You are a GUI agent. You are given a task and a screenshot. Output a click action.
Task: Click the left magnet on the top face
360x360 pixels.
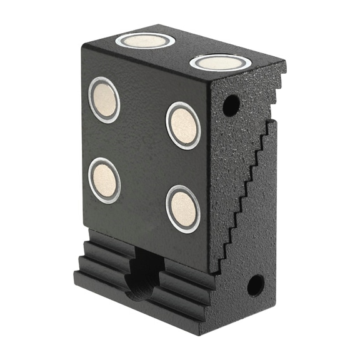145,41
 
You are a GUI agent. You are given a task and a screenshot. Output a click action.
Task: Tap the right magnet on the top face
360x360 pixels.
220,62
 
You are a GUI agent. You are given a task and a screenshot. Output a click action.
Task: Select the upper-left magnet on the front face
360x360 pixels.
104,99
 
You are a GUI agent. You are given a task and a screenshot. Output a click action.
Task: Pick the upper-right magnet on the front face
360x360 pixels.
182,125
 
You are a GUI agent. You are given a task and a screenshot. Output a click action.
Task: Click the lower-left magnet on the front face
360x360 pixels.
104,180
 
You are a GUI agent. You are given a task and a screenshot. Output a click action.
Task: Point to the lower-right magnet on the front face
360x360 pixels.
182,209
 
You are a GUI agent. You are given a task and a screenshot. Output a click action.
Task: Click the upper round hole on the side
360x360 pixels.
231,104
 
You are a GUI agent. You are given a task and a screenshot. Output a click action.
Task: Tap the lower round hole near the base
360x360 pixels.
254,285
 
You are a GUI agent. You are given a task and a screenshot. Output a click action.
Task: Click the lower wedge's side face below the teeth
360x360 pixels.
250,250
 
